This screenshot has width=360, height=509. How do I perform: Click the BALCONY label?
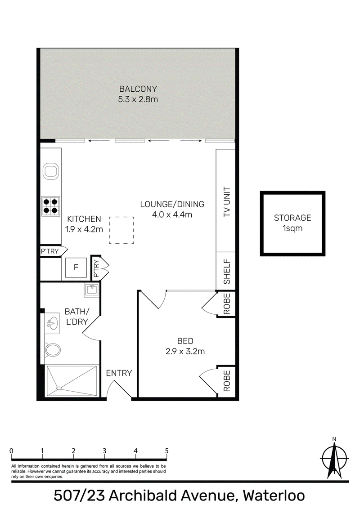138,89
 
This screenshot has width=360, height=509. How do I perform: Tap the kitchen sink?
51,171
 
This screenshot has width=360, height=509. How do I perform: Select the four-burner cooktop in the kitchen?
51,206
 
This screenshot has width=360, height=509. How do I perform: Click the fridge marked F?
76,267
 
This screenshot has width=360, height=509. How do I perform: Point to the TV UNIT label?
227,202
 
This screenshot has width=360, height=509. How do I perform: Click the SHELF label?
227,272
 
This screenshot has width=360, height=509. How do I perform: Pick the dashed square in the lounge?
121,230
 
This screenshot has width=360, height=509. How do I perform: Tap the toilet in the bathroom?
52,350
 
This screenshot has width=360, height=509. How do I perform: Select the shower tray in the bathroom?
72,381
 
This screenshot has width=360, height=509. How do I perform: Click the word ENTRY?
119,373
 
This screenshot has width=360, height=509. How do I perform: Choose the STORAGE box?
292,223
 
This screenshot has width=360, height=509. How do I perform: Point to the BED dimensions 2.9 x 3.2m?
185,351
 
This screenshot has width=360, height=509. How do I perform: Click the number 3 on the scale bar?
104,451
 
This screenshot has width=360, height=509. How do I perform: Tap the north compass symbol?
334,458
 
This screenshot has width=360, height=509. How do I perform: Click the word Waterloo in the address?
274,496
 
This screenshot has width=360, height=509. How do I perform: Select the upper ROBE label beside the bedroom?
227,304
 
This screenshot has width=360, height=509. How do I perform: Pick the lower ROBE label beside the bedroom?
227,381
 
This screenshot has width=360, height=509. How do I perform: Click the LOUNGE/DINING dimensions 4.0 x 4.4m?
172,214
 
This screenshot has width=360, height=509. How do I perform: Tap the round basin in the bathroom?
52,323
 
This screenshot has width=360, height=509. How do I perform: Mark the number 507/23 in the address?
79,496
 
